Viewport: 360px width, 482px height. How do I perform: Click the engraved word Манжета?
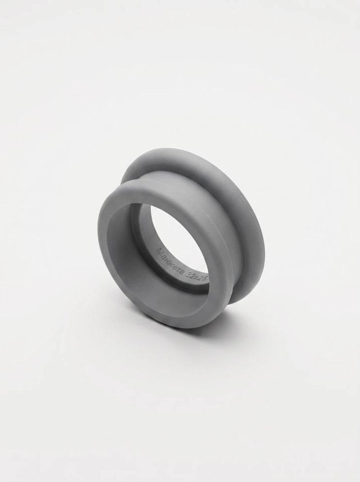click(x=170, y=262)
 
